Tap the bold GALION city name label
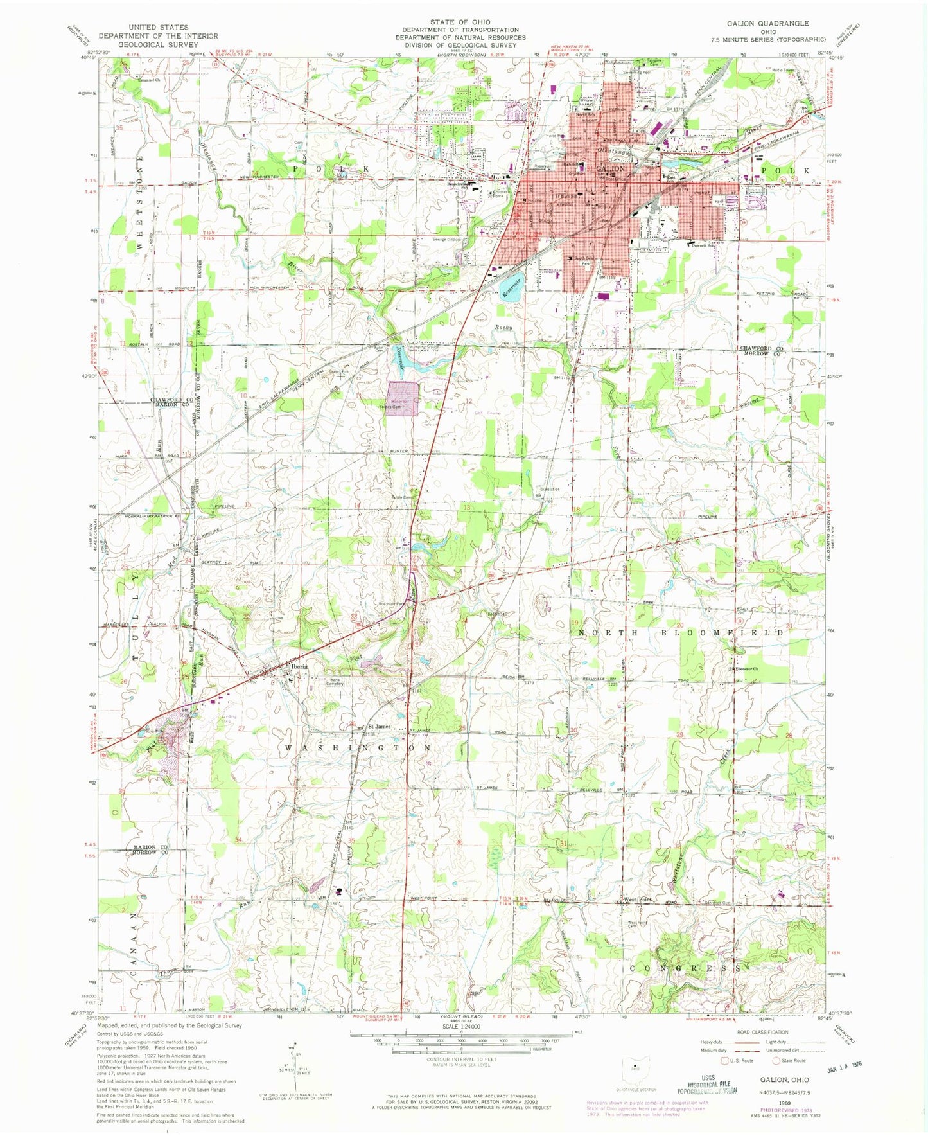coord(611,168)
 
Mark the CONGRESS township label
coord(687,968)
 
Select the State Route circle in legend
coord(777,1061)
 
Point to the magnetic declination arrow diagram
coord(295,1067)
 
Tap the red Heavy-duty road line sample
coord(743,1042)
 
